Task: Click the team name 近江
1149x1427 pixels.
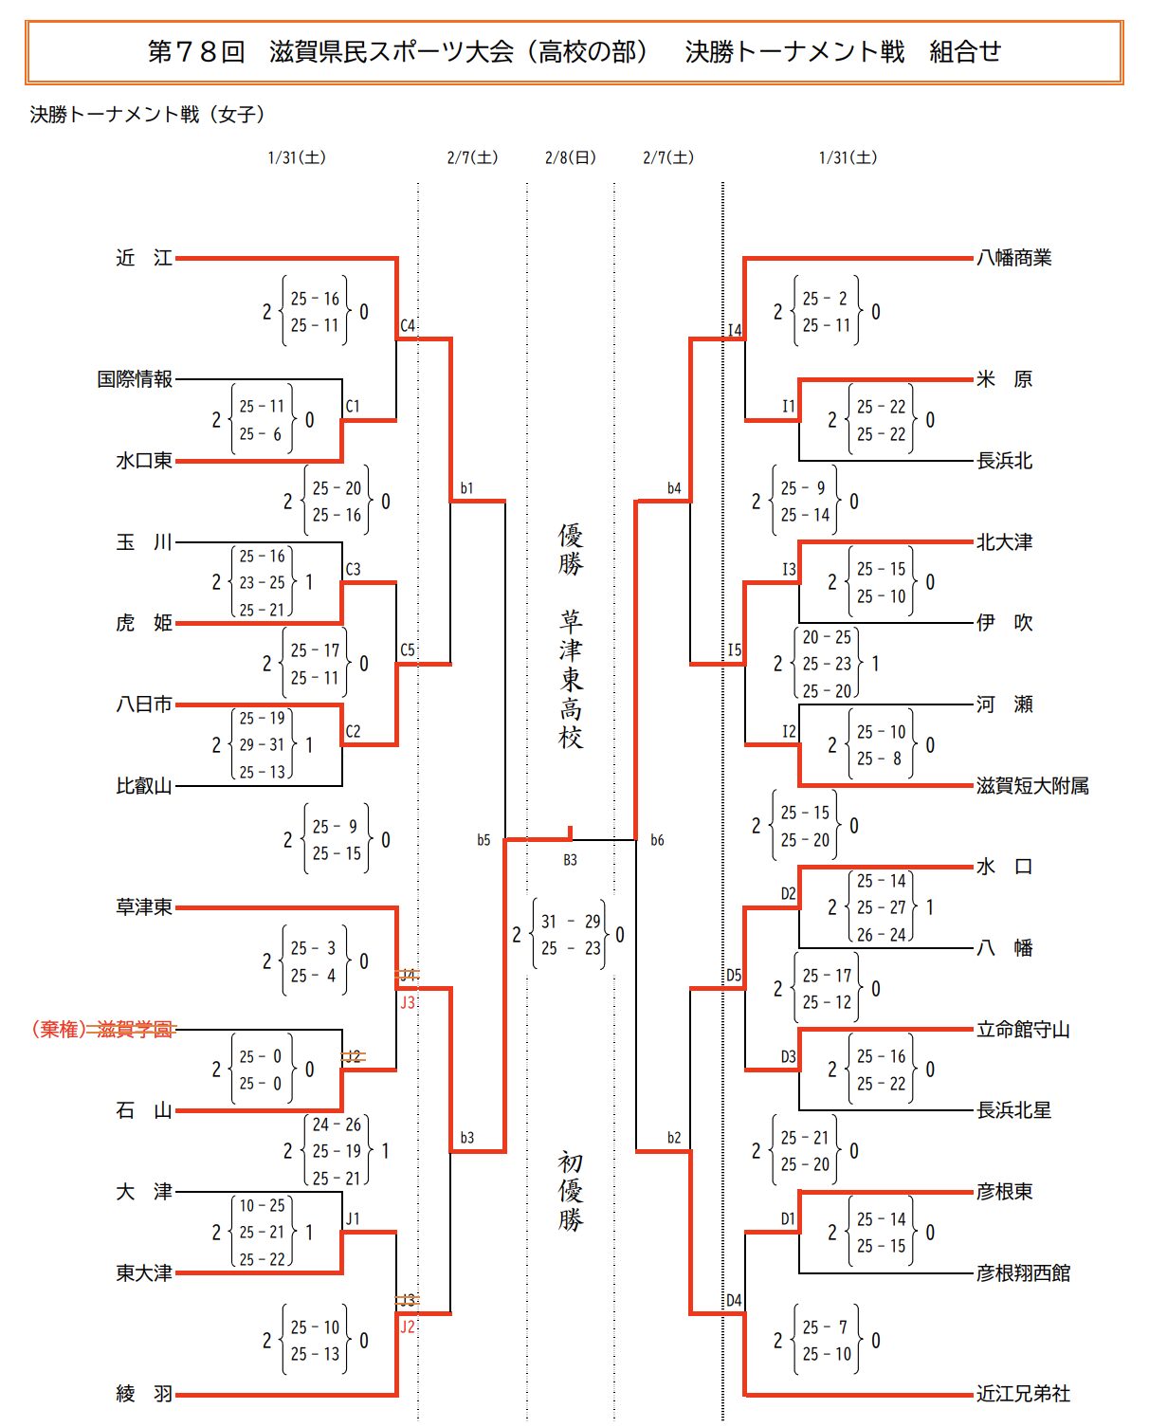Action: (144, 258)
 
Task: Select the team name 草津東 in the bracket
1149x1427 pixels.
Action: (144, 907)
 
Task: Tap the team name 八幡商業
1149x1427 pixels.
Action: (1013, 258)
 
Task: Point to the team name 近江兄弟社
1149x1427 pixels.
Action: (1023, 1394)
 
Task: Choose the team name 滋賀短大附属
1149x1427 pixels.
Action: (1032, 785)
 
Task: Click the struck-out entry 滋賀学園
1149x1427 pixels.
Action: (136, 1030)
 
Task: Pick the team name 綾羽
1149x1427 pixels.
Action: (144, 1394)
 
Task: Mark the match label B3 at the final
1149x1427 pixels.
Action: (570, 860)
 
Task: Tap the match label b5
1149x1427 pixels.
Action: (483, 840)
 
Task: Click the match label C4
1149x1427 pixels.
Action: (408, 325)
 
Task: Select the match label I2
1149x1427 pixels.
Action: (789, 731)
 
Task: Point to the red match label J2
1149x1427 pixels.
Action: (408, 1326)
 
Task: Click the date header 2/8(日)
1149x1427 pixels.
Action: (571, 157)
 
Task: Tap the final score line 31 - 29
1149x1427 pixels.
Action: (571, 921)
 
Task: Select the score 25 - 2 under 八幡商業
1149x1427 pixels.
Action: (825, 299)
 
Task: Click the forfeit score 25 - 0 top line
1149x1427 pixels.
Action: (261, 1056)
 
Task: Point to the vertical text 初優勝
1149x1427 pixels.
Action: (570, 1191)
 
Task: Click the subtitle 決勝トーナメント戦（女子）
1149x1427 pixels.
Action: (148, 115)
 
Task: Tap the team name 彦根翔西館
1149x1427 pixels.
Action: (1023, 1272)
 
